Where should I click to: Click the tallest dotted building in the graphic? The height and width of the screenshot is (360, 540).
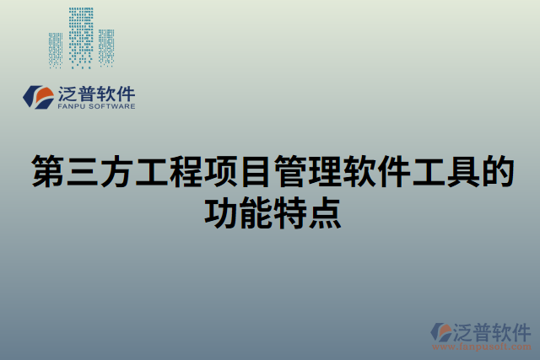tap(81, 38)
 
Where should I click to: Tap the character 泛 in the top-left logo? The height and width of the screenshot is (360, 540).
tap(68, 94)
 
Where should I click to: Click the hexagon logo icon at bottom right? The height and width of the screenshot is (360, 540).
tap(443, 331)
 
